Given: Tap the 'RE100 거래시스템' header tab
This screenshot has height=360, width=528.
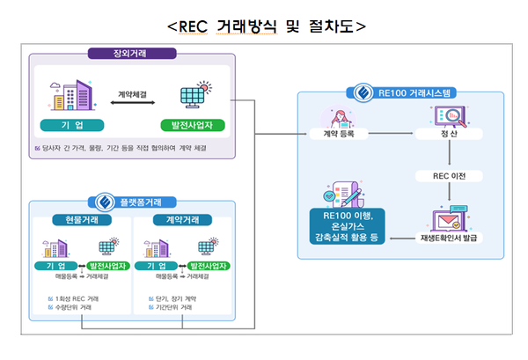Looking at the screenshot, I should (401, 92).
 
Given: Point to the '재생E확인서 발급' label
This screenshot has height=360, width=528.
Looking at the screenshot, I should (447, 238).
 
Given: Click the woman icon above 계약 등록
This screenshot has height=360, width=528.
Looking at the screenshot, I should (338, 115).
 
